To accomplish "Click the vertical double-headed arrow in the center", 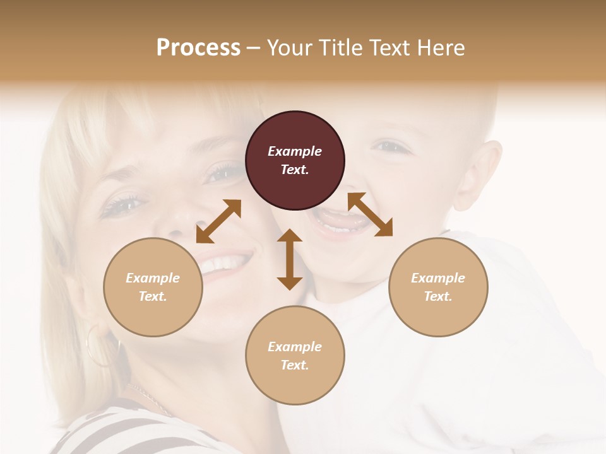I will click(290, 259).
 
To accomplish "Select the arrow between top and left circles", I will click(218, 221).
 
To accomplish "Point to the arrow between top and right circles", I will click(370, 214).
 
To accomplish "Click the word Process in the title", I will click(198, 47).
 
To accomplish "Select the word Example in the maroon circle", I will click(295, 151).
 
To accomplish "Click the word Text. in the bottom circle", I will click(295, 365).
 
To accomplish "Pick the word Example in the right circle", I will click(438, 278).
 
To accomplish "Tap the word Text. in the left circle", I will click(153, 296).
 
